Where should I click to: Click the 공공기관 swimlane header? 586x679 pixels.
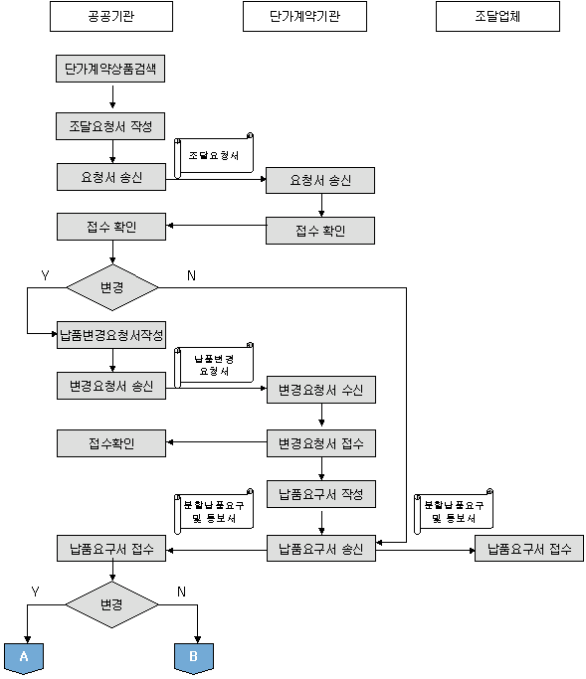(111, 17)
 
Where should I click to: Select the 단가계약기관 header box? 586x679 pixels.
(304, 17)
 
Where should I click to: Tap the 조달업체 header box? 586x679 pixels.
(497, 17)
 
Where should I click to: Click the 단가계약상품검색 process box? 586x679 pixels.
(110, 69)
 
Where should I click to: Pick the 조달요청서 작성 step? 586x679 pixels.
(110, 126)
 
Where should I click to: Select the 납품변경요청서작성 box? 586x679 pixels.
(111, 335)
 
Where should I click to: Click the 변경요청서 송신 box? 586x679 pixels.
(111, 386)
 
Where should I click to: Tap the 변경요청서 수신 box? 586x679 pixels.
(321, 390)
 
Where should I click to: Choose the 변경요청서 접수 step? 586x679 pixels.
(321, 443)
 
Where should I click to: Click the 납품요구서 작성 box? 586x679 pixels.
(321, 494)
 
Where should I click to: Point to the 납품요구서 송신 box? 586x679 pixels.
(321, 549)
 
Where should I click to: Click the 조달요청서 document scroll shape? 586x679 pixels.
(214, 155)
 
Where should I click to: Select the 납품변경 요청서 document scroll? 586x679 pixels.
(214, 365)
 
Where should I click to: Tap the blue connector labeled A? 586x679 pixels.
(24, 658)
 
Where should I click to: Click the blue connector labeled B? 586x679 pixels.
(194, 658)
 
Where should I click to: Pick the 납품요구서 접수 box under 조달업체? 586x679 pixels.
(529, 549)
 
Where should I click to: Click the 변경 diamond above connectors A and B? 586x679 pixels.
(111, 604)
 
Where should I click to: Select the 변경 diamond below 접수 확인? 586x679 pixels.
(112, 287)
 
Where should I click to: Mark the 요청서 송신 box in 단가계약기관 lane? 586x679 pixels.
(320, 180)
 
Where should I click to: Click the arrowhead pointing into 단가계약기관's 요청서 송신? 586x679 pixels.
(263, 179)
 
